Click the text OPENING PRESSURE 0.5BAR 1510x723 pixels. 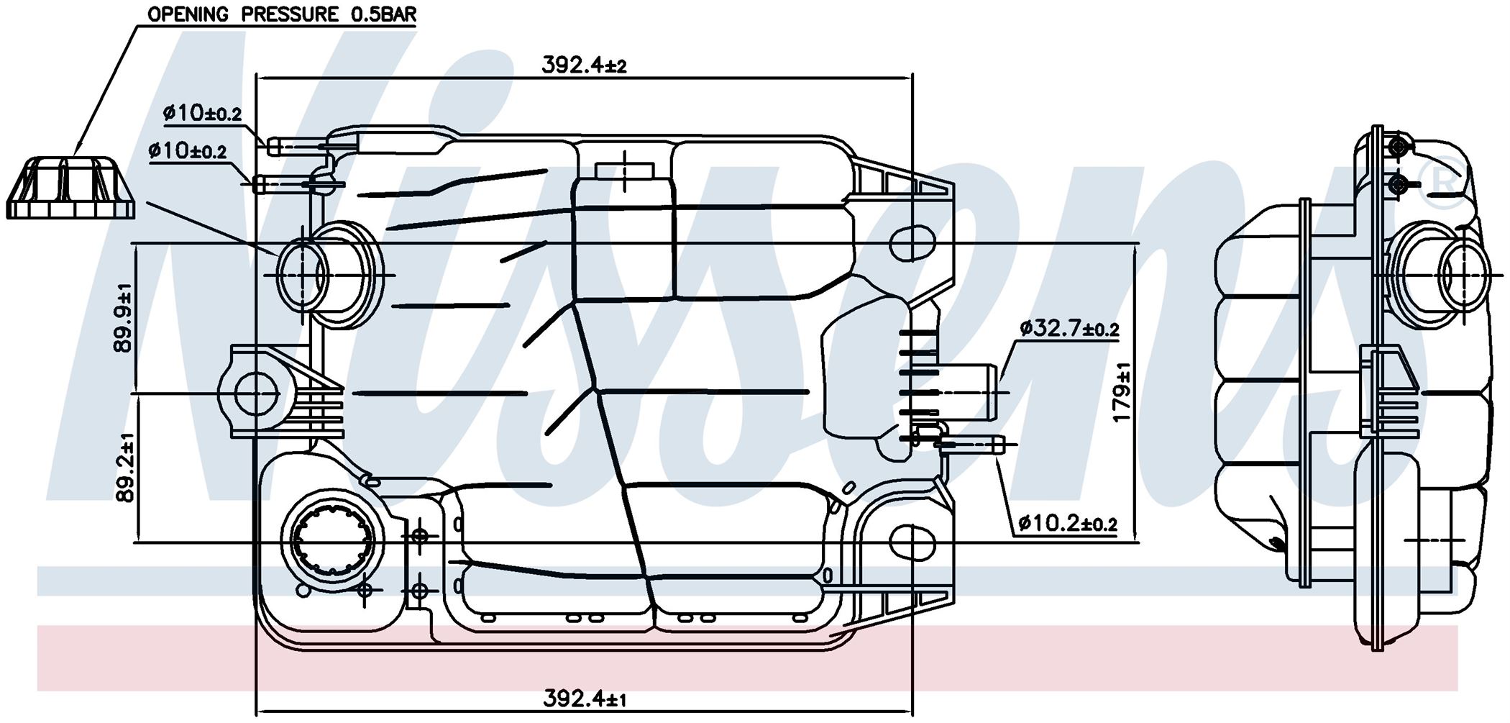[282, 14]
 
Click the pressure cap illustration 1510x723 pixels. [71, 188]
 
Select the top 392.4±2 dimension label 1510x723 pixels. [584, 65]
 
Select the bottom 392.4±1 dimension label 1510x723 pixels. [584, 698]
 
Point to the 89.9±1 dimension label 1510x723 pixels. [123, 319]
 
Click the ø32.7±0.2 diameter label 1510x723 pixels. [1069, 329]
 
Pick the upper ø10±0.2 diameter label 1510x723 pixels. [202, 113]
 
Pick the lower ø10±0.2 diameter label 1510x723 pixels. [188, 151]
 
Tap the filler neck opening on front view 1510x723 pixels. [302, 275]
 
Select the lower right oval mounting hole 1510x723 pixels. [912, 543]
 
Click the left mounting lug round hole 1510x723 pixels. [256, 394]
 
